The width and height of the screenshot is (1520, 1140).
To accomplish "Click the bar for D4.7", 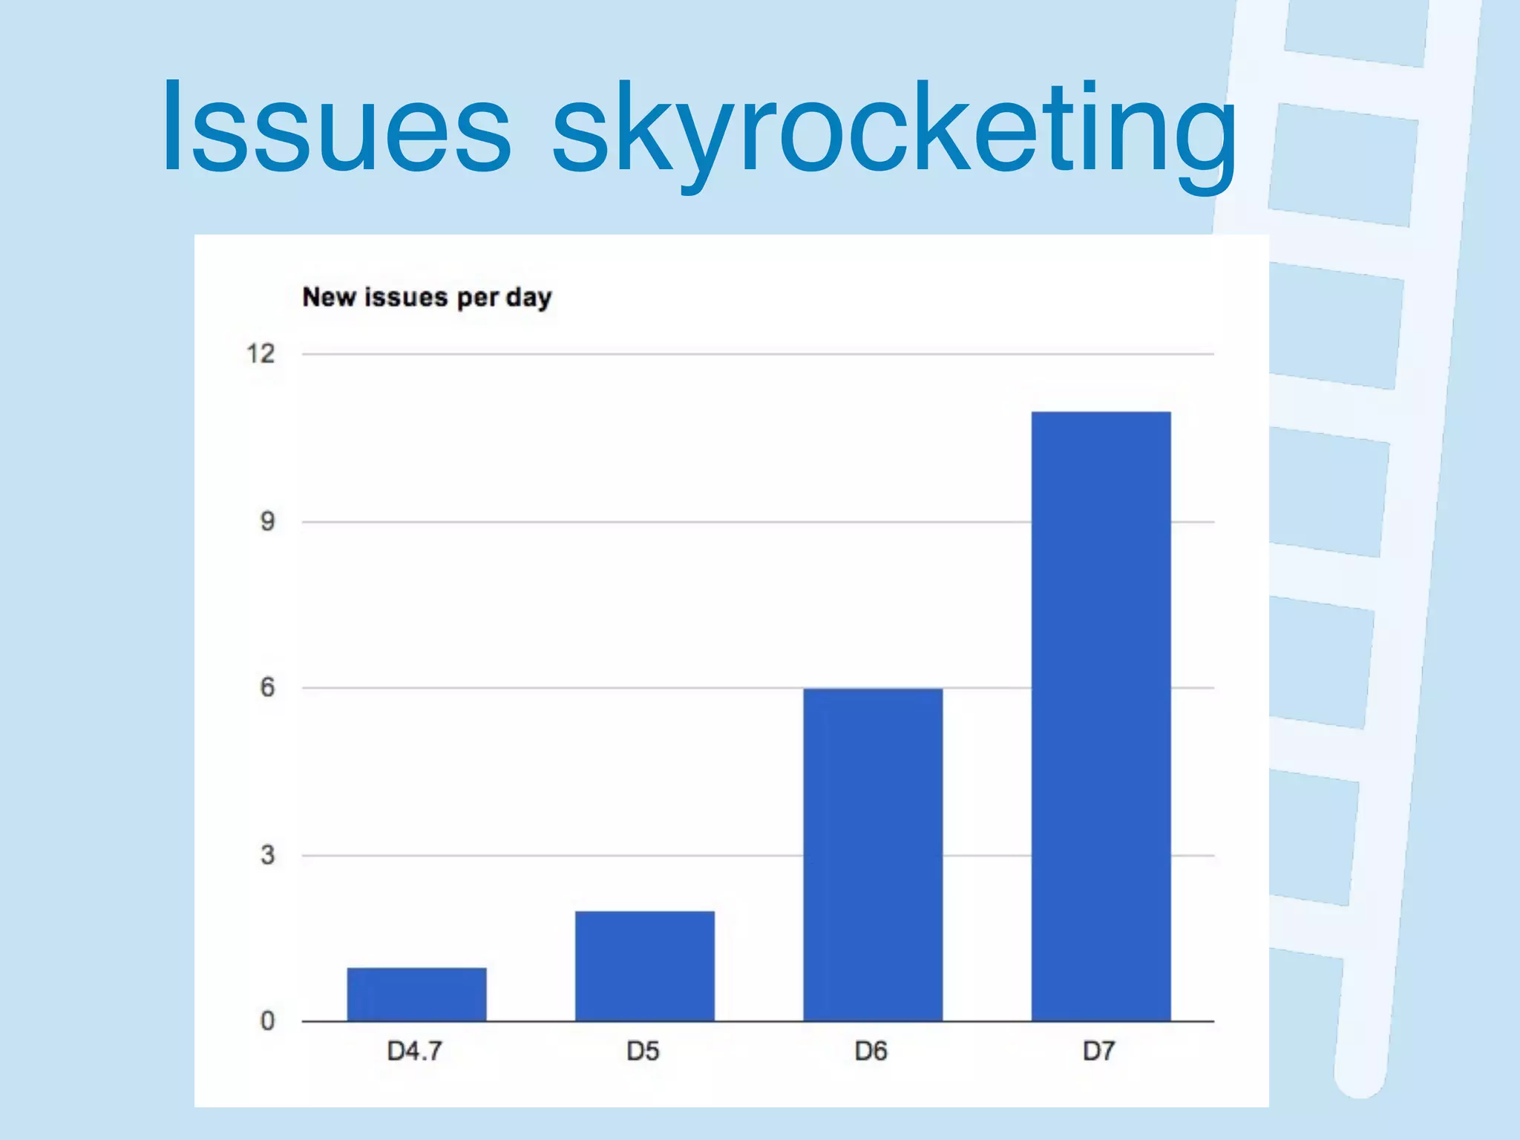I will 416,994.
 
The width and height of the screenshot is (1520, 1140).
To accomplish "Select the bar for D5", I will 644,966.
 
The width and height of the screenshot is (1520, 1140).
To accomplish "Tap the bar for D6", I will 873,854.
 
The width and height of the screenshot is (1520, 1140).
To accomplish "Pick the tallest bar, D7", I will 1101,715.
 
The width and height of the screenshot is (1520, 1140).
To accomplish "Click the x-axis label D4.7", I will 415,1051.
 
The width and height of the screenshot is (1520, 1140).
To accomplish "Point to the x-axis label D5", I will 643,1051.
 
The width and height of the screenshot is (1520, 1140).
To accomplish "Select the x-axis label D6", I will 871,1051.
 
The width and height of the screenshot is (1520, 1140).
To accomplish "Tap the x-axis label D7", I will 1098,1051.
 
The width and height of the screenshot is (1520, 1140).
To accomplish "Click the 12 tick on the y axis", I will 261,353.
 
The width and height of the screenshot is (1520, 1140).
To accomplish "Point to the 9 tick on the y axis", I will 267,521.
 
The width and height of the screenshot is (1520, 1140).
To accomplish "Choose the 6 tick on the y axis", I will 267,687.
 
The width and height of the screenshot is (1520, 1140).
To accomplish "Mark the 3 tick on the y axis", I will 267,855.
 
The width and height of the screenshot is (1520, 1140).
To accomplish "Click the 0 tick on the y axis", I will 267,1021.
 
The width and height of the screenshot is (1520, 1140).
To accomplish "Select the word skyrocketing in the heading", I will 894,134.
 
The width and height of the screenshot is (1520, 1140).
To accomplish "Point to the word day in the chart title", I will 529,298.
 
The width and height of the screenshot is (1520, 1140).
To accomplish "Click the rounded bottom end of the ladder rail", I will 1360,1076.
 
